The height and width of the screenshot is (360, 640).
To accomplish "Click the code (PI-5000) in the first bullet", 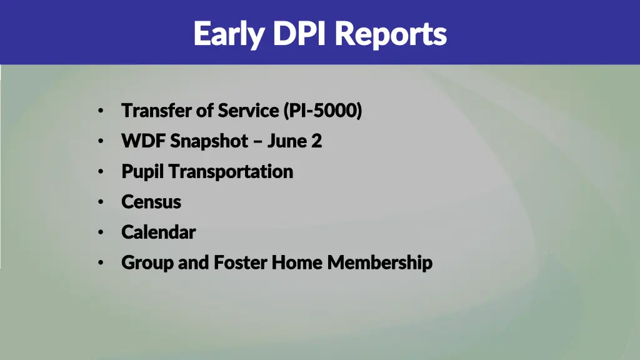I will [x=322, y=111].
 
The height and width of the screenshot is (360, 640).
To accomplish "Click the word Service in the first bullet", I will [x=248, y=111].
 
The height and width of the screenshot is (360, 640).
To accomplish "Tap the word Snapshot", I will [x=209, y=141].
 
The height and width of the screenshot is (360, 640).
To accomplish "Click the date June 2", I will [x=294, y=141].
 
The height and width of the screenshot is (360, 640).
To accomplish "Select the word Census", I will [x=151, y=202].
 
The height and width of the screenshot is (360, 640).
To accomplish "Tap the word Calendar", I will [x=159, y=232].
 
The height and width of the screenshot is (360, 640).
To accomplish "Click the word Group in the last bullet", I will [x=147, y=262].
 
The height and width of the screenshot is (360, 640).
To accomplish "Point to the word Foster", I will [x=241, y=262].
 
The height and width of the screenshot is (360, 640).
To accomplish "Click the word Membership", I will [x=379, y=262].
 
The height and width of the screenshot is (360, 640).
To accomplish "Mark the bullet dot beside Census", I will [x=100, y=202].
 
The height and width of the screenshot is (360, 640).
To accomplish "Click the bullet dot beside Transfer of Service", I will [x=100, y=111].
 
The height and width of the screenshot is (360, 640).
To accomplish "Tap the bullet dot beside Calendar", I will [x=100, y=232].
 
